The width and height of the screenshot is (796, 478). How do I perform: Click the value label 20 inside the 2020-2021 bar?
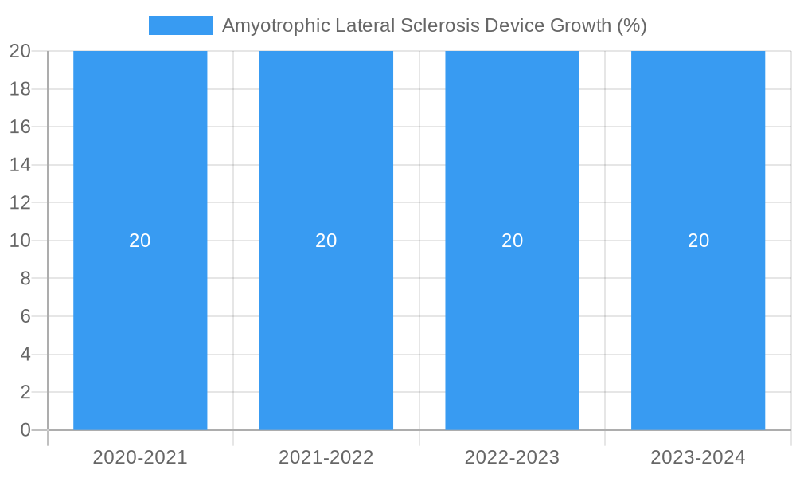tap(140, 241)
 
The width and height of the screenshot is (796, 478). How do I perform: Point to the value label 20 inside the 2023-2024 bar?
tap(698, 241)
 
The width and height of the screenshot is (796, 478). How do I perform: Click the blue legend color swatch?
tap(181, 25)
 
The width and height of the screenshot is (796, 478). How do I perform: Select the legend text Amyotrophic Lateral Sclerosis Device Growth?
tap(434, 25)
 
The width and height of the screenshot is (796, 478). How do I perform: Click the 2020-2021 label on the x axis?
tap(140, 457)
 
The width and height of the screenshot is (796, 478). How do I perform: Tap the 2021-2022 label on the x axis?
tap(326, 457)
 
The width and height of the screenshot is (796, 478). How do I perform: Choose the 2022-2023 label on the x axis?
tap(512, 457)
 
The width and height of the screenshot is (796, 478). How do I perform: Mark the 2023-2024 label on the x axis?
tap(698, 457)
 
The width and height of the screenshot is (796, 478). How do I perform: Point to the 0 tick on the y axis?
tap(25, 430)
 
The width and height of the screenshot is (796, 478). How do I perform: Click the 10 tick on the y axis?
tap(20, 241)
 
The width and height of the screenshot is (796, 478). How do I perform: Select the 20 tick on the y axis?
tap(20, 51)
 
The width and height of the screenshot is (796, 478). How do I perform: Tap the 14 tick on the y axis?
tap(20, 165)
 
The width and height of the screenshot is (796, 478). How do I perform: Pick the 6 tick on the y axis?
tap(25, 316)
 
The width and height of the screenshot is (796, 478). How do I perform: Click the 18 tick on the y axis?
tap(20, 89)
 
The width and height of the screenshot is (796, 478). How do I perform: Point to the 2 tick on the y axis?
tap(25, 392)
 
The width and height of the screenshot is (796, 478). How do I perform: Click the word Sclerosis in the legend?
tap(440, 25)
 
